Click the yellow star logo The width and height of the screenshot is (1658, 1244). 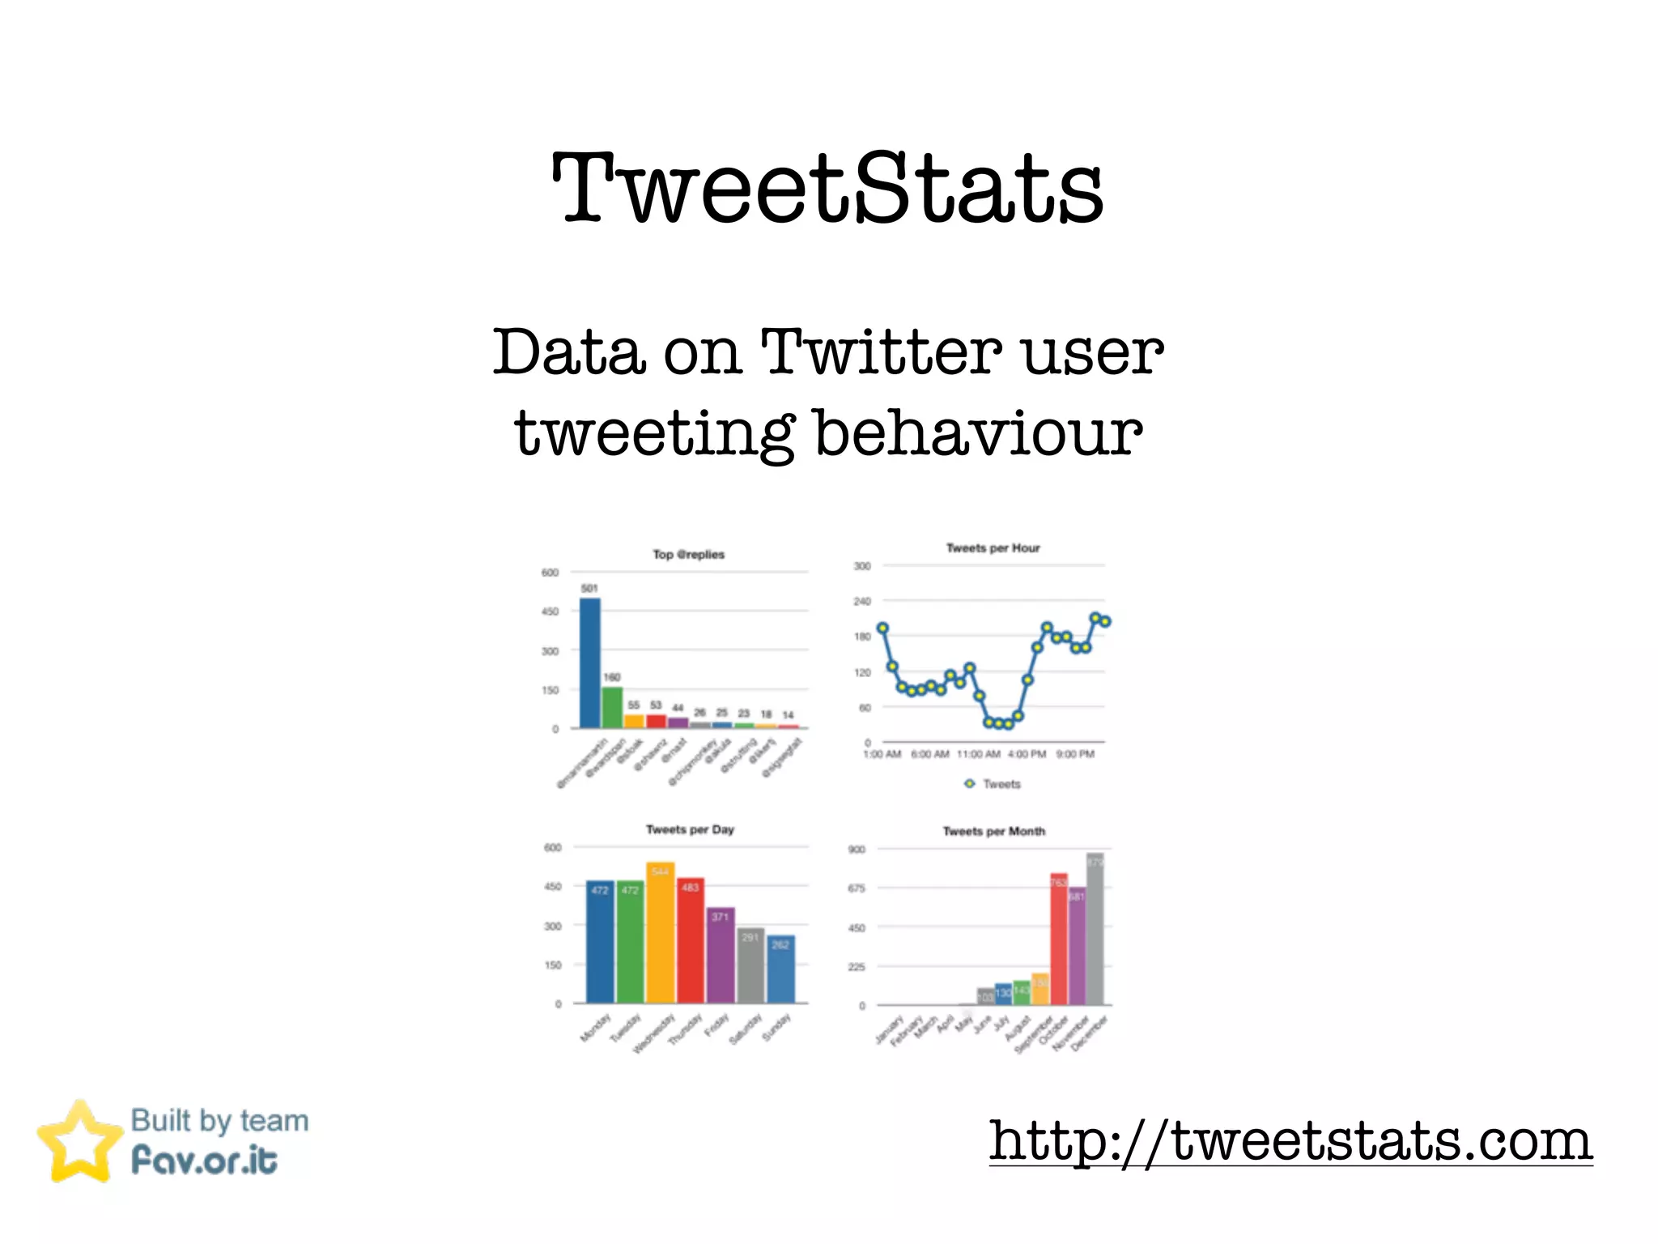click(x=79, y=1142)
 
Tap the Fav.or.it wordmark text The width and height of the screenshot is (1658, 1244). click(x=204, y=1161)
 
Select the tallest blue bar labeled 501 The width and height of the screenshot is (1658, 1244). click(x=590, y=662)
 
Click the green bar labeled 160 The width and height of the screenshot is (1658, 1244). click(x=612, y=707)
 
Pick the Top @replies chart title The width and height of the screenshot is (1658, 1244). click(x=688, y=555)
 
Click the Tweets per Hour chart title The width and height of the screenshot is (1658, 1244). click(x=993, y=548)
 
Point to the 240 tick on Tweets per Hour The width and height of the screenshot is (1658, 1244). click(x=862, y=601)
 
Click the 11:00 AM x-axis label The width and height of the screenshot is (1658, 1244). click(x=978, y=754)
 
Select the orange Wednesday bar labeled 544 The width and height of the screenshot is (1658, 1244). click(x=661, y=933)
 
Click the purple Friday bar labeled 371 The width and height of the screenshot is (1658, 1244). click(x=721, y=956)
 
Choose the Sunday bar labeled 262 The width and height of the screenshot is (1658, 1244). click(x=781, y=969)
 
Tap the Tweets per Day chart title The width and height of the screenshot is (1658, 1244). click(x=690, y=829)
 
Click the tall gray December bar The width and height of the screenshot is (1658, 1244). click(x=1095, y=930)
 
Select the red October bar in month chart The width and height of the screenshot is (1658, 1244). click(x=1059, y=939)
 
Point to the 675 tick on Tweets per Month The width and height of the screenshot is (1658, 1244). click(x=857, y=888)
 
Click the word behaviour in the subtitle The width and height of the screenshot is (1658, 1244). click(x=977, y=433)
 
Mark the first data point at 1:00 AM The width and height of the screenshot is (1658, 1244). click(x=882, y=628)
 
